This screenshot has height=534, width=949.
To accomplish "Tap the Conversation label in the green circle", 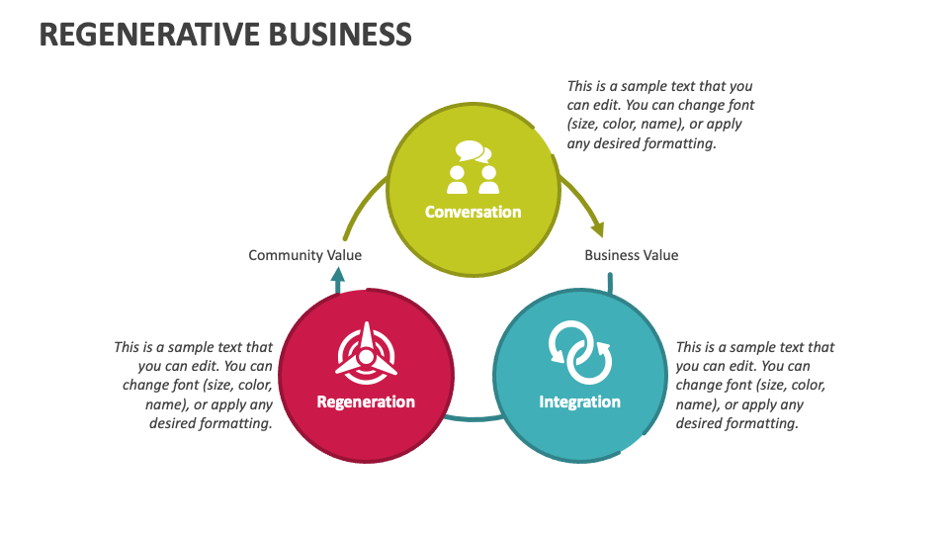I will (473, 212).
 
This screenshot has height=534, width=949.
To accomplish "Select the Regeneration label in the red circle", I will (366, 401).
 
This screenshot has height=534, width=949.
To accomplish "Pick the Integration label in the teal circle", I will (579, 401).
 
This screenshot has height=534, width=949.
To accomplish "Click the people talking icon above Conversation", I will (473, 168).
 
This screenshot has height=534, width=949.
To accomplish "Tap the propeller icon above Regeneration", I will (366, 353).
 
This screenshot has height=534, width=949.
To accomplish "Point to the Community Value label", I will (304, 255).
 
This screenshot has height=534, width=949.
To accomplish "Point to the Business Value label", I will (631, 255).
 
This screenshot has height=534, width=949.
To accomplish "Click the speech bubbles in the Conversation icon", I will (472, 152).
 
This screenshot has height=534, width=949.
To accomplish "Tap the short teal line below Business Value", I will (610, 284).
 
